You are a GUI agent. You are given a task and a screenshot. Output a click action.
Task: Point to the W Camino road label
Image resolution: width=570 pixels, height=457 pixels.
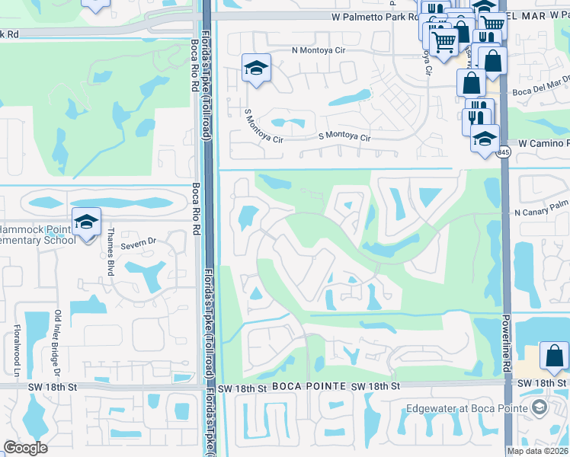coord(543,143)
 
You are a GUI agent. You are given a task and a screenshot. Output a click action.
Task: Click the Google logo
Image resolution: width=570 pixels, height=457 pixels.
coord(25,448)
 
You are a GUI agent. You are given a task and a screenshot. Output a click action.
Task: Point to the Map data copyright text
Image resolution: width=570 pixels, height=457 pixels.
coord(537,451)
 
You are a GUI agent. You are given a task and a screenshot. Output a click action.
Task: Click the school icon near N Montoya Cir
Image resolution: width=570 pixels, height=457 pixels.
coord(257,68)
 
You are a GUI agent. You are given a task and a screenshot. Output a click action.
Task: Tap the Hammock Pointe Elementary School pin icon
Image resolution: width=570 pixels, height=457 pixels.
coord(87,222)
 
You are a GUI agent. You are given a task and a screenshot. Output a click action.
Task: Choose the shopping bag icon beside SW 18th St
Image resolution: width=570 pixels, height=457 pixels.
coord(554,356)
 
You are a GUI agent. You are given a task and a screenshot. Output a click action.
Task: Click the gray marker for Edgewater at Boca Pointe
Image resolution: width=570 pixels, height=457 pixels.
coord(540,408)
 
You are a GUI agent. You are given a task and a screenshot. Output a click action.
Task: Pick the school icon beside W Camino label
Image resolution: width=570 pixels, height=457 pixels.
coord(485,139)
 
